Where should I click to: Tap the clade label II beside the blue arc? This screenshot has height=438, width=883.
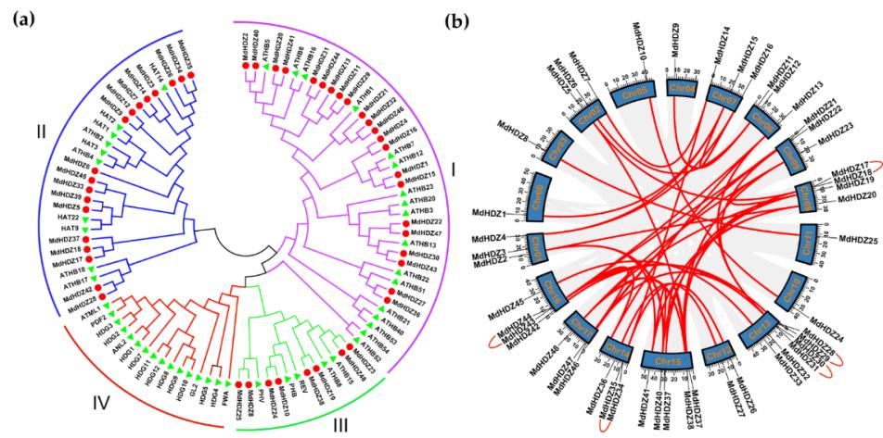[40, 133]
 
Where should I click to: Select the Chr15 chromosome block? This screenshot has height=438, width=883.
[663, 358]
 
